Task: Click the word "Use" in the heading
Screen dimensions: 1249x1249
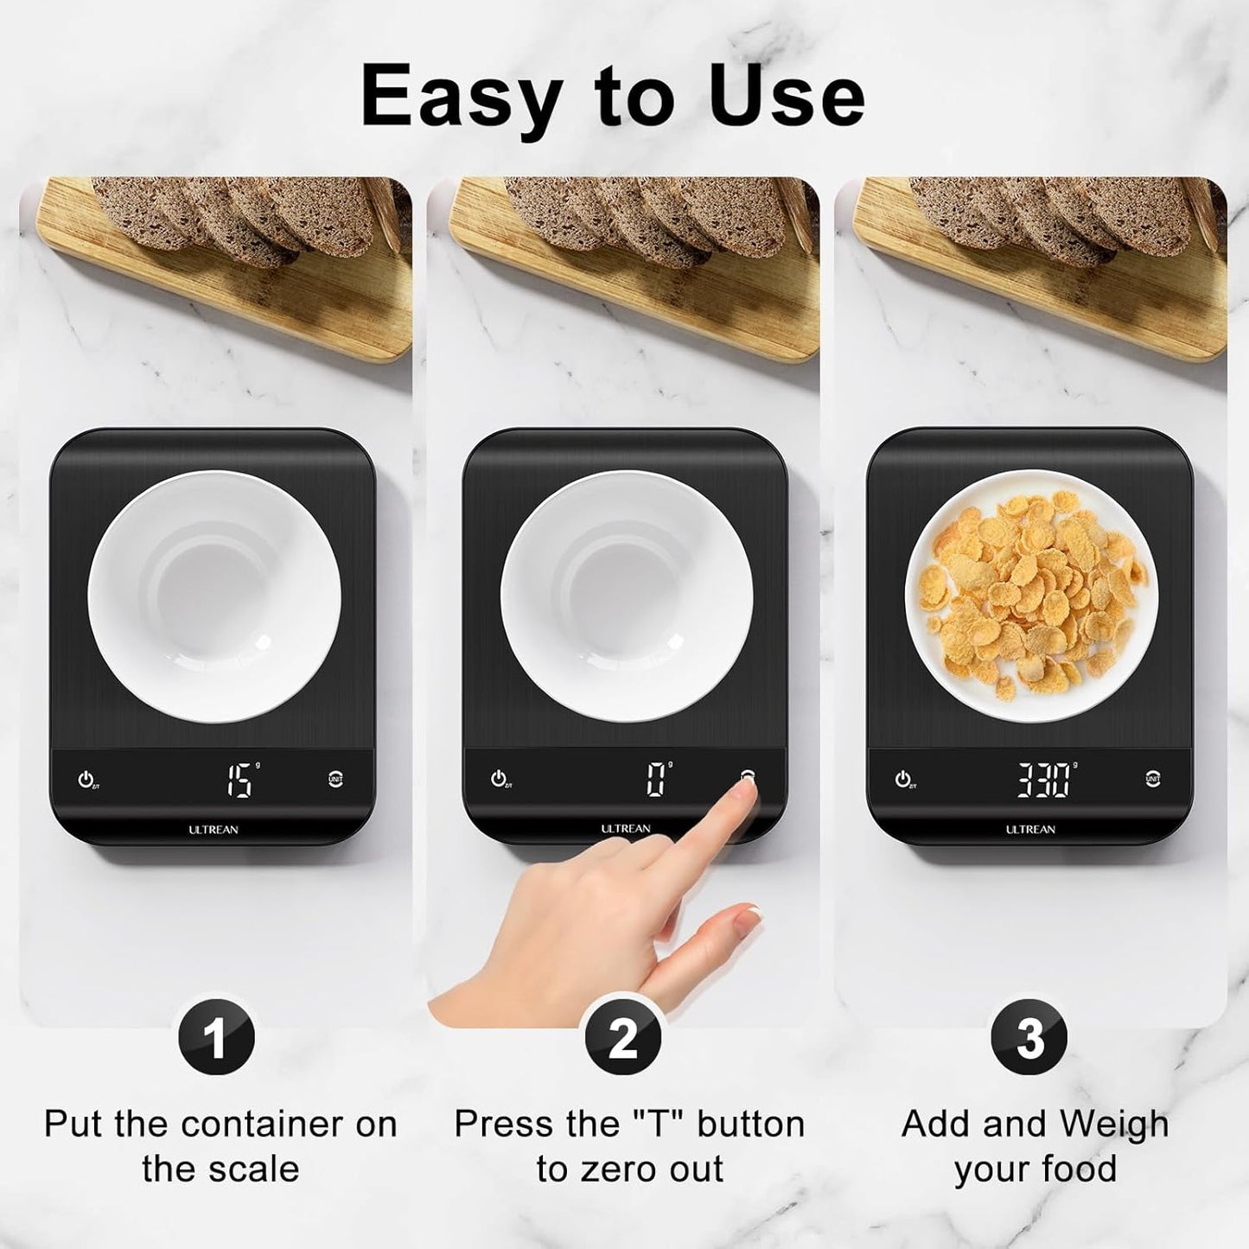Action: click(787, 97)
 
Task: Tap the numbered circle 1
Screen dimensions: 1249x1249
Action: click(216, 1037)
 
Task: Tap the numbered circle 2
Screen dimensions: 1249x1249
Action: click(623, 1037)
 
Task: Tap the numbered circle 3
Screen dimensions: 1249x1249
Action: click(1029, 1037)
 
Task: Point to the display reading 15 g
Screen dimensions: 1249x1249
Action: click(240, 780)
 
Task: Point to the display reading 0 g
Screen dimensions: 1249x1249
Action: click(656, 780)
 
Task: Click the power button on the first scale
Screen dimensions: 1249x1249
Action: click(86, 779)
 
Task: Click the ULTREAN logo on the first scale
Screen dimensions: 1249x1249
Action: click(213, 830)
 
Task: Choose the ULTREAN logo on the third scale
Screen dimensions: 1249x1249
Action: click(1030, 830)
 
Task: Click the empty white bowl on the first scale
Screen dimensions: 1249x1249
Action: click(214, 596)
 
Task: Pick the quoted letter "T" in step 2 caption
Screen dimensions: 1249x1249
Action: click(663, 1125)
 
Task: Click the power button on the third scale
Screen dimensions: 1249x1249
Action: click(903, 779)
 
